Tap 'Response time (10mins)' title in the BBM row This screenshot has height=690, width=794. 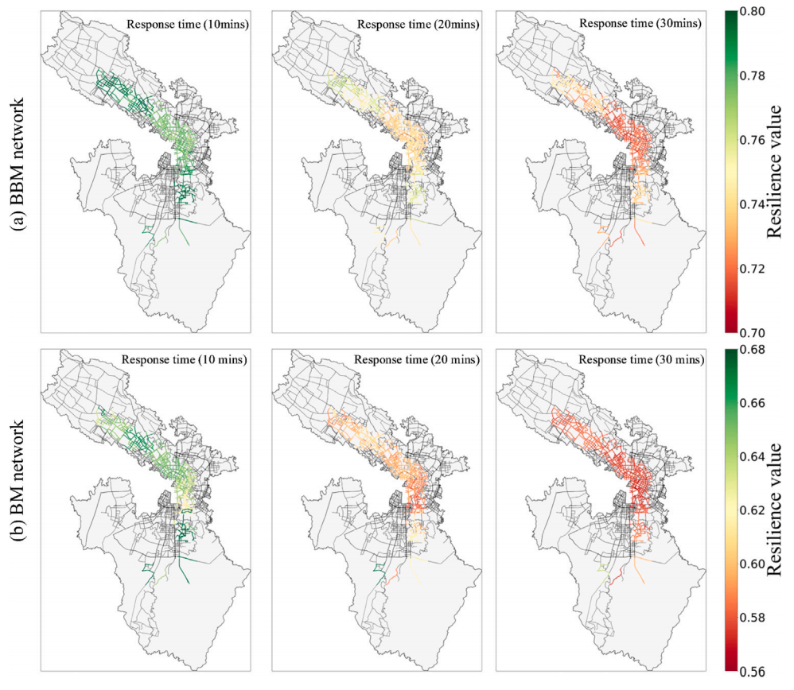click(x=187, y=25)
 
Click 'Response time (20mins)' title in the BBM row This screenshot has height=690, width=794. click(x=418, y=25)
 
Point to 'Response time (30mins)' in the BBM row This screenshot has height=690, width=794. click(x=640, y=23)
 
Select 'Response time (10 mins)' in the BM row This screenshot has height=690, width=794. click(x=185, y=359)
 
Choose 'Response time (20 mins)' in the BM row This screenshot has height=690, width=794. click(x=417, y=359)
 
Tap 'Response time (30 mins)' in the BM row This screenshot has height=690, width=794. click(x=641, y=359)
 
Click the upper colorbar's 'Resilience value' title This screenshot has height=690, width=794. click(x=775, y=172)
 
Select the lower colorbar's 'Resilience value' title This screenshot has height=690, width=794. click(x=775, y=510)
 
